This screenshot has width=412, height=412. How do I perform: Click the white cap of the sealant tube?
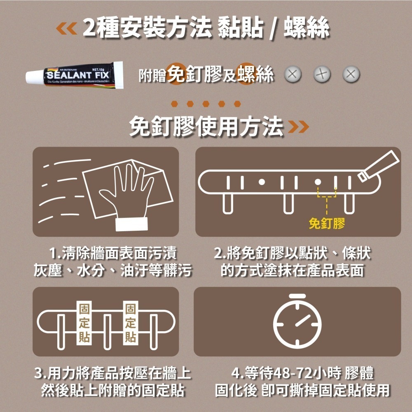33,76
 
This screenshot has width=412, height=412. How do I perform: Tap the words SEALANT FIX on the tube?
77,76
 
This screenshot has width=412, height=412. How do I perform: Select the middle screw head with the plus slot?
321,74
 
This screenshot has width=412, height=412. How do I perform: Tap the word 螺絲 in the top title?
307,28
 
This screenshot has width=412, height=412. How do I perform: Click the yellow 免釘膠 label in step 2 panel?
326,224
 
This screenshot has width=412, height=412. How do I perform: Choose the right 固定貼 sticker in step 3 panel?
131,323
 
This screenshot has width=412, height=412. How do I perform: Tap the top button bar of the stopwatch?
297,296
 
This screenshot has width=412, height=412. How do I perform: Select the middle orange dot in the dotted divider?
206,103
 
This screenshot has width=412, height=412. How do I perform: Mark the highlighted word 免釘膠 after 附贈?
193,75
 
